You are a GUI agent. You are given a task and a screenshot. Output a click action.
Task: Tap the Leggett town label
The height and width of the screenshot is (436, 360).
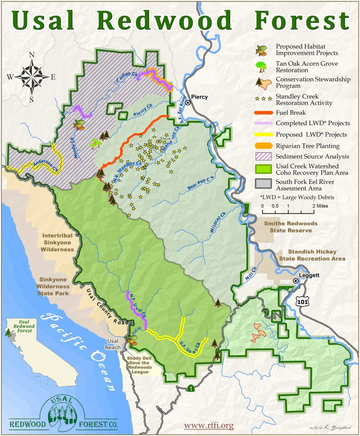(x=309, y=275)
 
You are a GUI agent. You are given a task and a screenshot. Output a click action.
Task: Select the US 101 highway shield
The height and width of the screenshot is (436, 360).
(x=302, y=300)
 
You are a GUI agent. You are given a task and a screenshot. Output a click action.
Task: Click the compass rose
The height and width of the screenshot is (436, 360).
(x=32, y=77)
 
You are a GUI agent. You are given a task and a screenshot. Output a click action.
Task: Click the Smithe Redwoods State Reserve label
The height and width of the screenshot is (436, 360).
(x=291, y=227)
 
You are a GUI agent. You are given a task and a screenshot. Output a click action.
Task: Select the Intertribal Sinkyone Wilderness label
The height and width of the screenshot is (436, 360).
(x=58, y=242)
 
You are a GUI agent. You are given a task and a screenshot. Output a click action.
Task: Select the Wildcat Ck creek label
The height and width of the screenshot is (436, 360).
(x=217, y=222)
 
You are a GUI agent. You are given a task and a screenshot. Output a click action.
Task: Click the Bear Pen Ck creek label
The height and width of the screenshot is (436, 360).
(x=200, y=182)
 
